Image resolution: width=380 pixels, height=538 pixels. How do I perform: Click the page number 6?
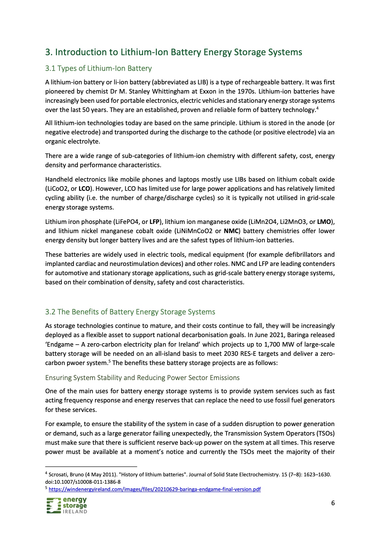coord(333,503)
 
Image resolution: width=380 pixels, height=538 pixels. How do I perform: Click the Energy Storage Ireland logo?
coord(67,505)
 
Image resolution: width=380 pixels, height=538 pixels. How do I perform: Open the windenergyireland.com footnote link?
coord(154,489)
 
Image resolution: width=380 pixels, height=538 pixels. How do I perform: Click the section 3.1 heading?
coord(98,68)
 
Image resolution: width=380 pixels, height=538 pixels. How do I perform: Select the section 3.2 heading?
coord(130,312)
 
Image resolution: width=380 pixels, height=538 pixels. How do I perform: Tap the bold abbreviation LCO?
coord(84,189)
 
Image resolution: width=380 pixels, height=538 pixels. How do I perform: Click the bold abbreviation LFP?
coord(154,222)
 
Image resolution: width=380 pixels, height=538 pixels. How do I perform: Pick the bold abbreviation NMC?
coord(231,231)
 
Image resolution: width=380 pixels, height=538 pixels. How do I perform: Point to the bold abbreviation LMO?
coord(324,222)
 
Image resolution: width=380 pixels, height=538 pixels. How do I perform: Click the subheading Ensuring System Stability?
coord(142,378)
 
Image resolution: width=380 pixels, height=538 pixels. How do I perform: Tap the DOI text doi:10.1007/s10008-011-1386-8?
coord(83,482)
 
